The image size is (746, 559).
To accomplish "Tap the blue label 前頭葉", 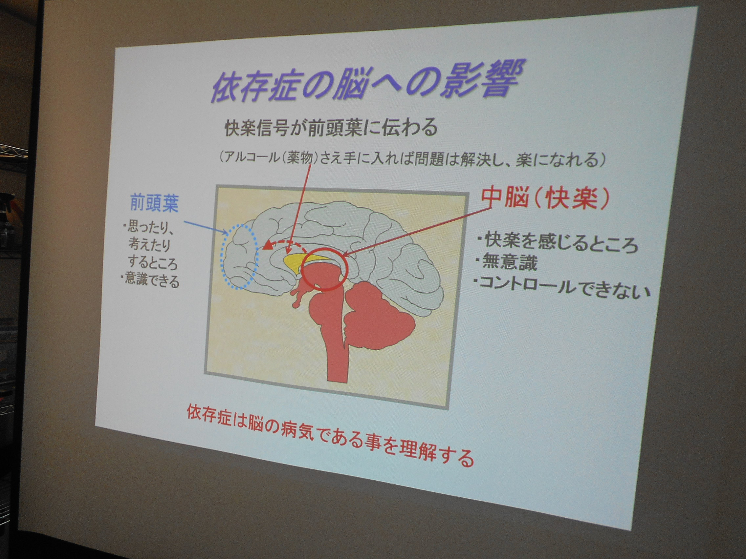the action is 154,203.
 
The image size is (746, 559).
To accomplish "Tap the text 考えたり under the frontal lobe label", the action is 149,244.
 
